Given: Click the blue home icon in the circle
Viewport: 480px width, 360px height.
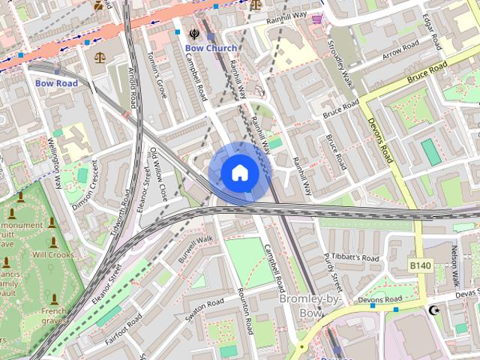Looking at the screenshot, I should [x=238, y=172].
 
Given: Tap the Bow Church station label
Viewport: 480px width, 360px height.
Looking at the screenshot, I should [x=211, y=48].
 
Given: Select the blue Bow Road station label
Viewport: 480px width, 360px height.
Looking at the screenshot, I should [x=56, y=83].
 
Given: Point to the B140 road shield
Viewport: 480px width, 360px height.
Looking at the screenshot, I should [x=420, y=265].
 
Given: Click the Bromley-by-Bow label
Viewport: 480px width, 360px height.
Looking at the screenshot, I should [x=310, y=305].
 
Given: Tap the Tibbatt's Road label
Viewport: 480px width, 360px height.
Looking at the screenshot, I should [x=355, y=257].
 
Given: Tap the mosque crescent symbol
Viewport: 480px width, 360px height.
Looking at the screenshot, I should [x=433, y=310].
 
